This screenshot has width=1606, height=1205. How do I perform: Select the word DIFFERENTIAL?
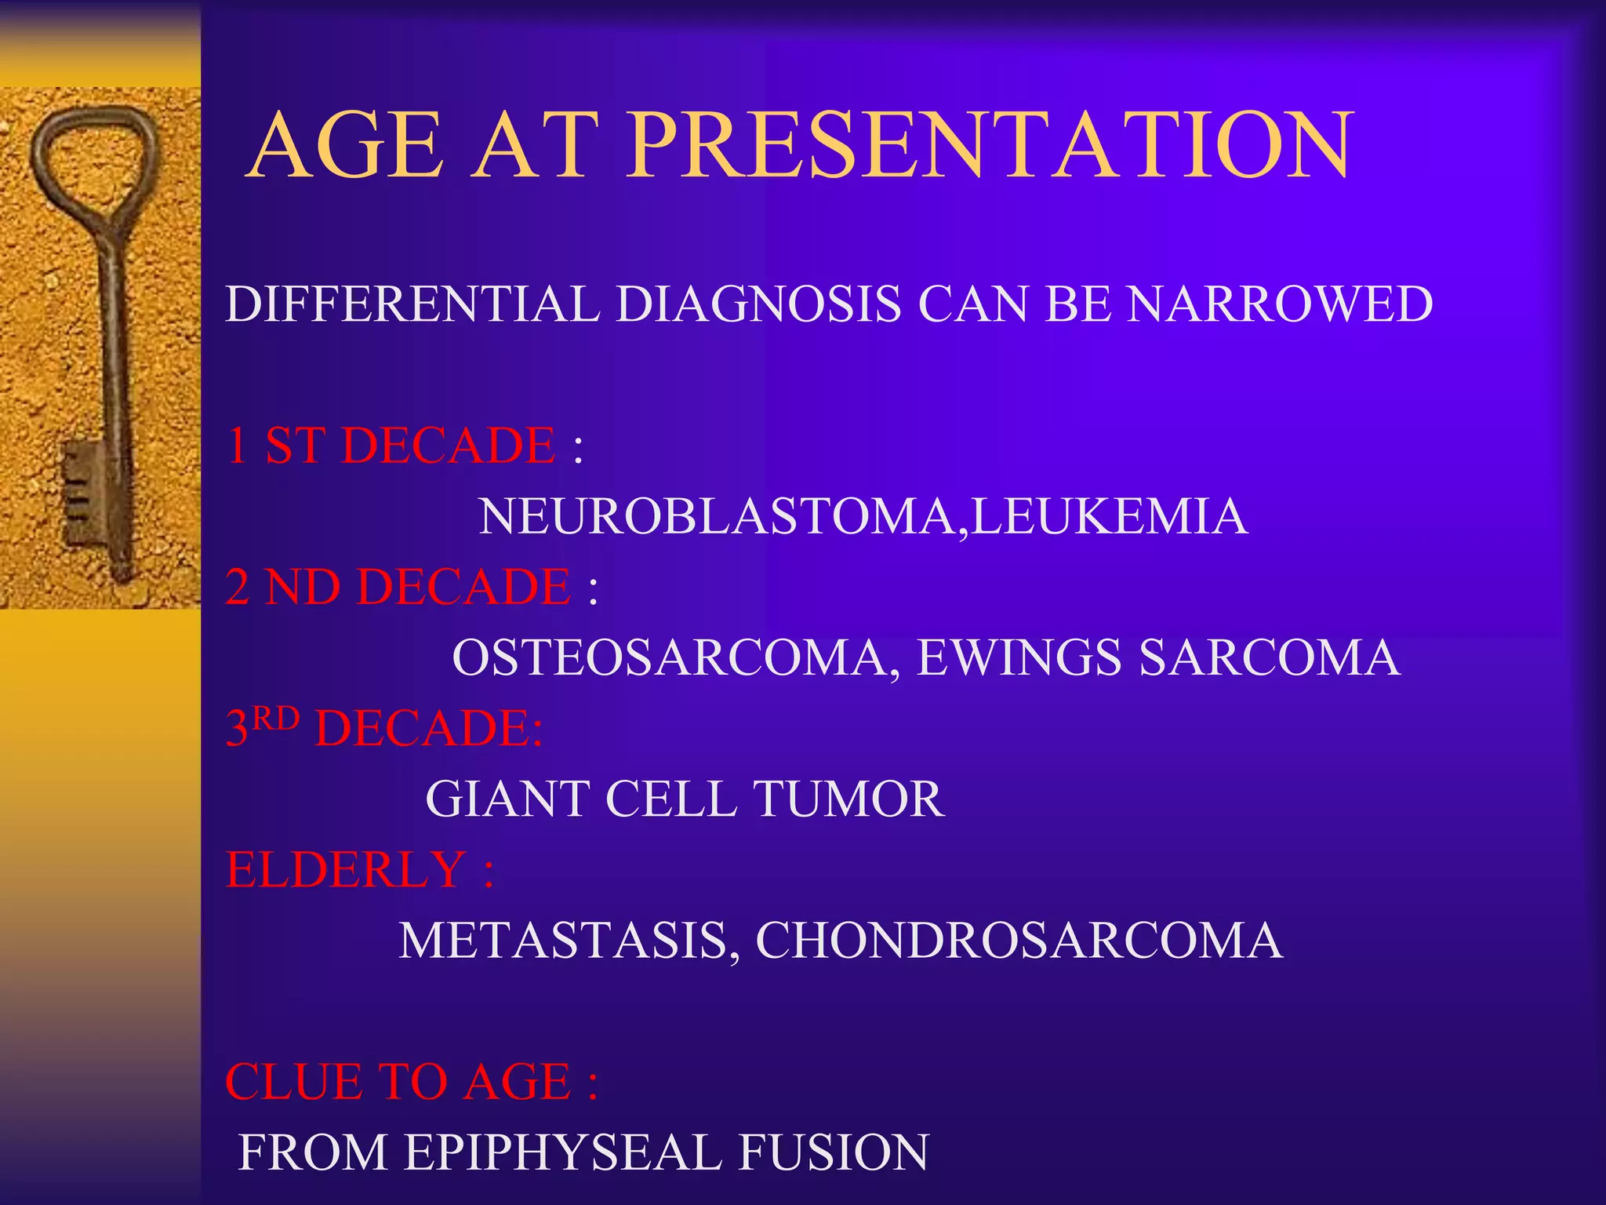(412, 304)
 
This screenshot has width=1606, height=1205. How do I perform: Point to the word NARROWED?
(1280, 304)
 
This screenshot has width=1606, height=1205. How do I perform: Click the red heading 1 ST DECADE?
(391, 446)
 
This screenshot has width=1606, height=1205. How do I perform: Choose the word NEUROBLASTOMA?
(717, 517)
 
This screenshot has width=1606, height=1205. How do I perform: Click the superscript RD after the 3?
(276, 718)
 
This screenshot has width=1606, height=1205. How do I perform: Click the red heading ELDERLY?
(346, 870)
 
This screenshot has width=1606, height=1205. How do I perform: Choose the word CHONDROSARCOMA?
(1019, 941)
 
